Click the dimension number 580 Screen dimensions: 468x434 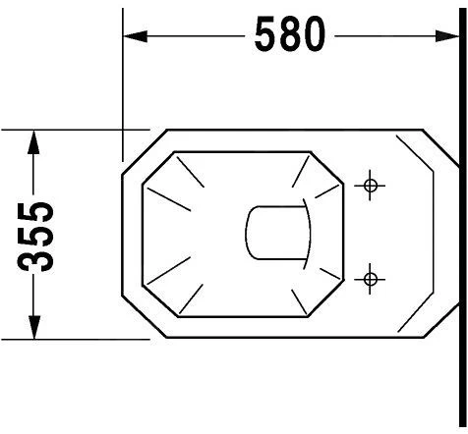click(x=290, y=34)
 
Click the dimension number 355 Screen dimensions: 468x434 click(x=35, y=238)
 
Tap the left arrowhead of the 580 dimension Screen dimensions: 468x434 click(x=135, y=36)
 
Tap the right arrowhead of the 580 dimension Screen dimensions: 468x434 click(x=447, y=36)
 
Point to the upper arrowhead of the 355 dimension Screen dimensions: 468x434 click(x=33, y=142)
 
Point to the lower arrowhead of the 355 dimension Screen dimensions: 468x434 click(x=33, y=327)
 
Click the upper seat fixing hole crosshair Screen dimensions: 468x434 click(x=370, y=186)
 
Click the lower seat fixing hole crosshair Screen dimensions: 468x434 click(x=370, y=279)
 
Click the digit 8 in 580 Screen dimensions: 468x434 click(x=290, y=34)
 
